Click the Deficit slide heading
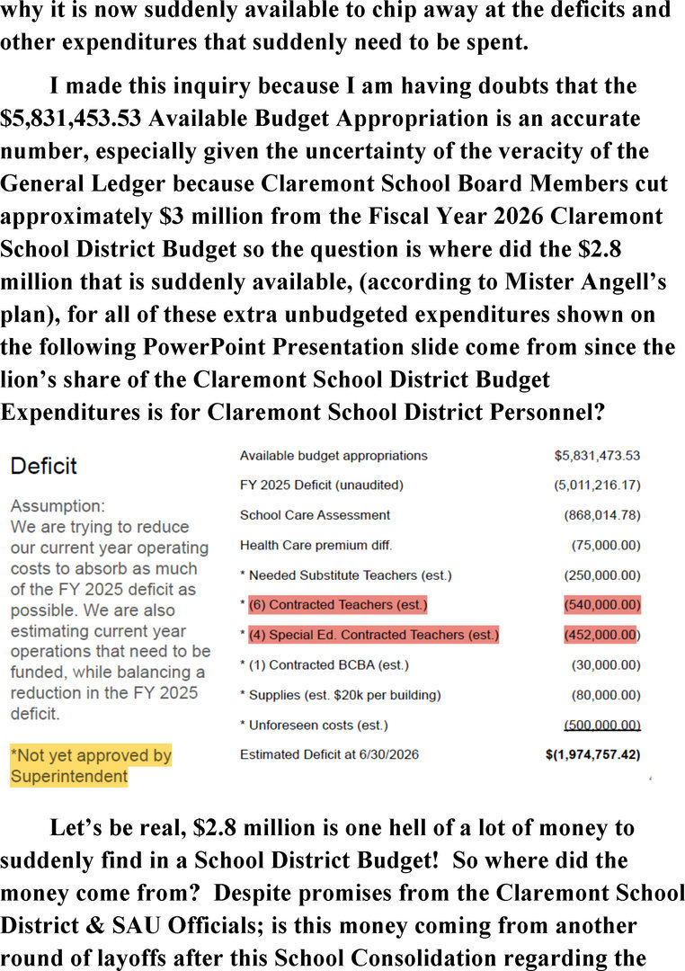(x=43, y=466)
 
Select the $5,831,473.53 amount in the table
(x=597, y=456)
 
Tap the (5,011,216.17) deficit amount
(x=597, y=485)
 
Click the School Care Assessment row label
(x=315, y=515)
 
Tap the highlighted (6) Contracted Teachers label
(x=337, y=605)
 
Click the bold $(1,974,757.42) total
(x=592, y=755)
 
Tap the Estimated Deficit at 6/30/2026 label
(x=329, y=755)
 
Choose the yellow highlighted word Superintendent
(x=68, y=776)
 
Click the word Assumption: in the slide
(x=58, y=506)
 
